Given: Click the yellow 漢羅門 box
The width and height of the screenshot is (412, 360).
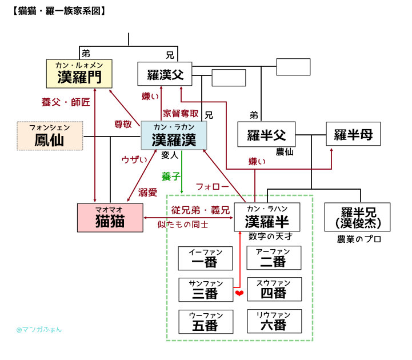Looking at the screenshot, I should pos(78,73).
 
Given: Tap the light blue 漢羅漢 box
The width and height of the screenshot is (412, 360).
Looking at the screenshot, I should pos(174,137).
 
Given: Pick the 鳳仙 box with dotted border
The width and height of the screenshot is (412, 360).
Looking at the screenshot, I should pos(50,137).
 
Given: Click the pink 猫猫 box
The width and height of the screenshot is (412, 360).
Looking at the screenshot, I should pos(110,218).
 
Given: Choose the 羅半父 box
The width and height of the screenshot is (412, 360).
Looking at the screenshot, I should pos(266,135).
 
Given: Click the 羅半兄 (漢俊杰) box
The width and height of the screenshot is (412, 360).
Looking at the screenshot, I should pos(357,217).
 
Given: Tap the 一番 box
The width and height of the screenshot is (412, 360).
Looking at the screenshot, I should pos(206,258).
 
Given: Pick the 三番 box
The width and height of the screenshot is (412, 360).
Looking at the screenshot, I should pos(206,290).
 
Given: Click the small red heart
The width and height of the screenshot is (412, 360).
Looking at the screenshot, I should pos(239,293).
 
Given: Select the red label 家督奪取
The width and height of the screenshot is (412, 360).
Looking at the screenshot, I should pos(181,113).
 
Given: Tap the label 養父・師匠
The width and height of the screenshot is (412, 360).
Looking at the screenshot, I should pos(65,102).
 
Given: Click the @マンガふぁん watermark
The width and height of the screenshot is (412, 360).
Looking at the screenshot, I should pos(39,329).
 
